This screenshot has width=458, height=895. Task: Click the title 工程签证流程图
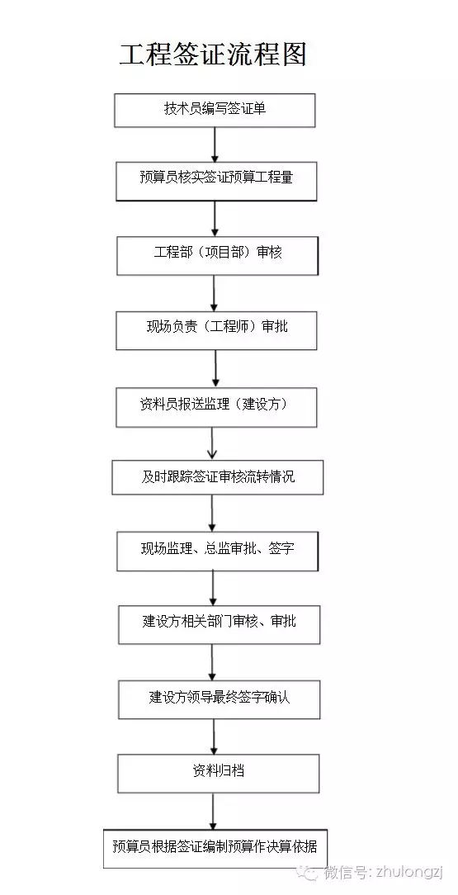click(213, 54)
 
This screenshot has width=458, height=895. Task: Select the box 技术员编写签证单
click(215, 110)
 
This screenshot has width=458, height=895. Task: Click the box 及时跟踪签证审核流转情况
click(217, 477)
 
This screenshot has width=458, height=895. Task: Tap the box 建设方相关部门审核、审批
click(219, 624)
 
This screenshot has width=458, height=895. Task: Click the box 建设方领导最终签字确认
click(219, 698)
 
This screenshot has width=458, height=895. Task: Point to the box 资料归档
click(218, 773)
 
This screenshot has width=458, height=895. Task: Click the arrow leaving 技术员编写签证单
click(215, 144)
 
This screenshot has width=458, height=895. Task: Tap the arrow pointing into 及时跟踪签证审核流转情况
click(213, 443)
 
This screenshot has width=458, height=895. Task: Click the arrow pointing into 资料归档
click(215, 736)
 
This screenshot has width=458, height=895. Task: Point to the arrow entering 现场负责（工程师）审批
click(215, 293)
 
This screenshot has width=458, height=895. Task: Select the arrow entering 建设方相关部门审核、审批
click(214, 589)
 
